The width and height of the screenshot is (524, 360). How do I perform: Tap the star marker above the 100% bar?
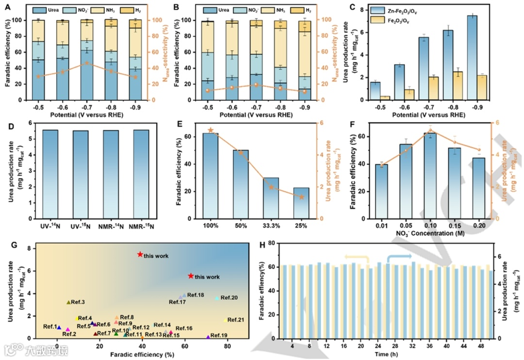point(211,130)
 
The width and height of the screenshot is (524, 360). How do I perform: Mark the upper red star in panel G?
point(140,254)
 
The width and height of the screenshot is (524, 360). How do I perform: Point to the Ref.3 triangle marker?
point(68,302)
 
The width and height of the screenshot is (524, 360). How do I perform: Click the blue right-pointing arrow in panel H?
point(399,256)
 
